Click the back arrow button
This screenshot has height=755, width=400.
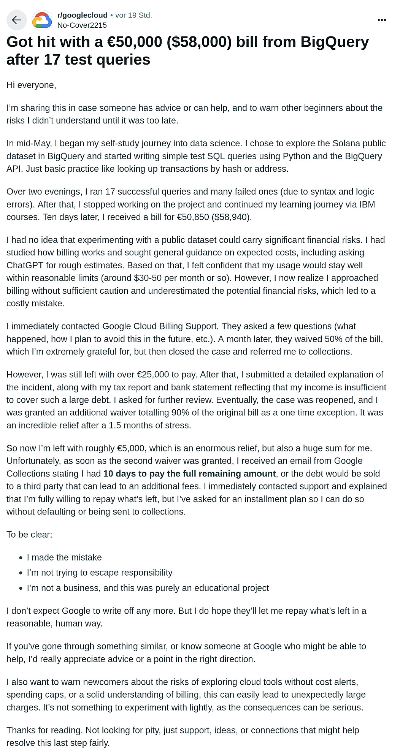16,20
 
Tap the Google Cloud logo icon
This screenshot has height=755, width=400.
42,20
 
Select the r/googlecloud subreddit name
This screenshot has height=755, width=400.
83,15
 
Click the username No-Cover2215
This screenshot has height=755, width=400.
82,25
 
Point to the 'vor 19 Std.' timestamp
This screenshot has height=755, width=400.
133,15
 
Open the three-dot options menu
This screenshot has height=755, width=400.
382,20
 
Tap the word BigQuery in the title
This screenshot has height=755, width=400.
335,42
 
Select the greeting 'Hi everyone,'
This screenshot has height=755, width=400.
31,85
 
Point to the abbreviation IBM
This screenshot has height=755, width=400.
367,204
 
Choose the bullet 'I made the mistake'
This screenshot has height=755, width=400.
64,557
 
